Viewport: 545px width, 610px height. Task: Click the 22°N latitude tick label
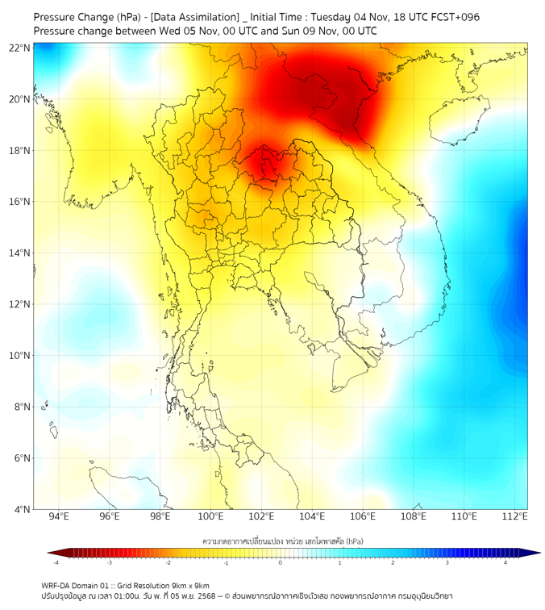point(19,48)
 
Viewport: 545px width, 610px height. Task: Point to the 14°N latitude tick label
point(19,253)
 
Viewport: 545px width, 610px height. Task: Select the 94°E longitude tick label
point(59,516)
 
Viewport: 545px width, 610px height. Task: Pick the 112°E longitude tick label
point(515,516)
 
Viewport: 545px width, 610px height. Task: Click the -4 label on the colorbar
point(56,562)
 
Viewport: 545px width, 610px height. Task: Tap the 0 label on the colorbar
point(281,562)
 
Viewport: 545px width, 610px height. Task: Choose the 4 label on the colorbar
point(506,562)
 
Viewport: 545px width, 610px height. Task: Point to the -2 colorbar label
point(168,562)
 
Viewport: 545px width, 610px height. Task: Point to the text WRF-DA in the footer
point(58,585)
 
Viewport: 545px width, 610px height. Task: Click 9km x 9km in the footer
point(190,585)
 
